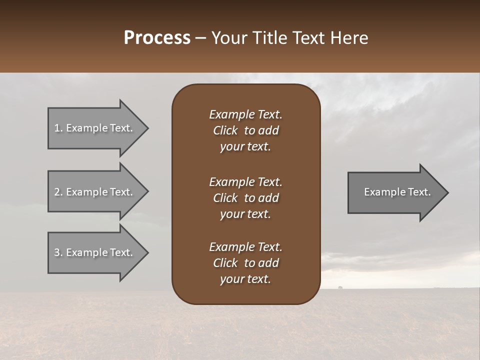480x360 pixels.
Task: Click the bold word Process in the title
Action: [157, 38]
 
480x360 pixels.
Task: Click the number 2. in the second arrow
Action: [58, 192]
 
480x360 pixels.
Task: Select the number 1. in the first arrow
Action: [58, 128]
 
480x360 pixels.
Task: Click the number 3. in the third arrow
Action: [58, 252]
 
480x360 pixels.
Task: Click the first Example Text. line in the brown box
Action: [245, 114]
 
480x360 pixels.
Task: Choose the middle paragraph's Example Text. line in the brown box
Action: [245, 182]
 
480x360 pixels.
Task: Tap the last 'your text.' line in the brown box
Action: [245, 279]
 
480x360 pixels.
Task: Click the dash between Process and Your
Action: [201, 38]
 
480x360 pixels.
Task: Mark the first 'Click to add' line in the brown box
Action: [245, 130]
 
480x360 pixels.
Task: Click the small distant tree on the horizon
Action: [340, 287]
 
